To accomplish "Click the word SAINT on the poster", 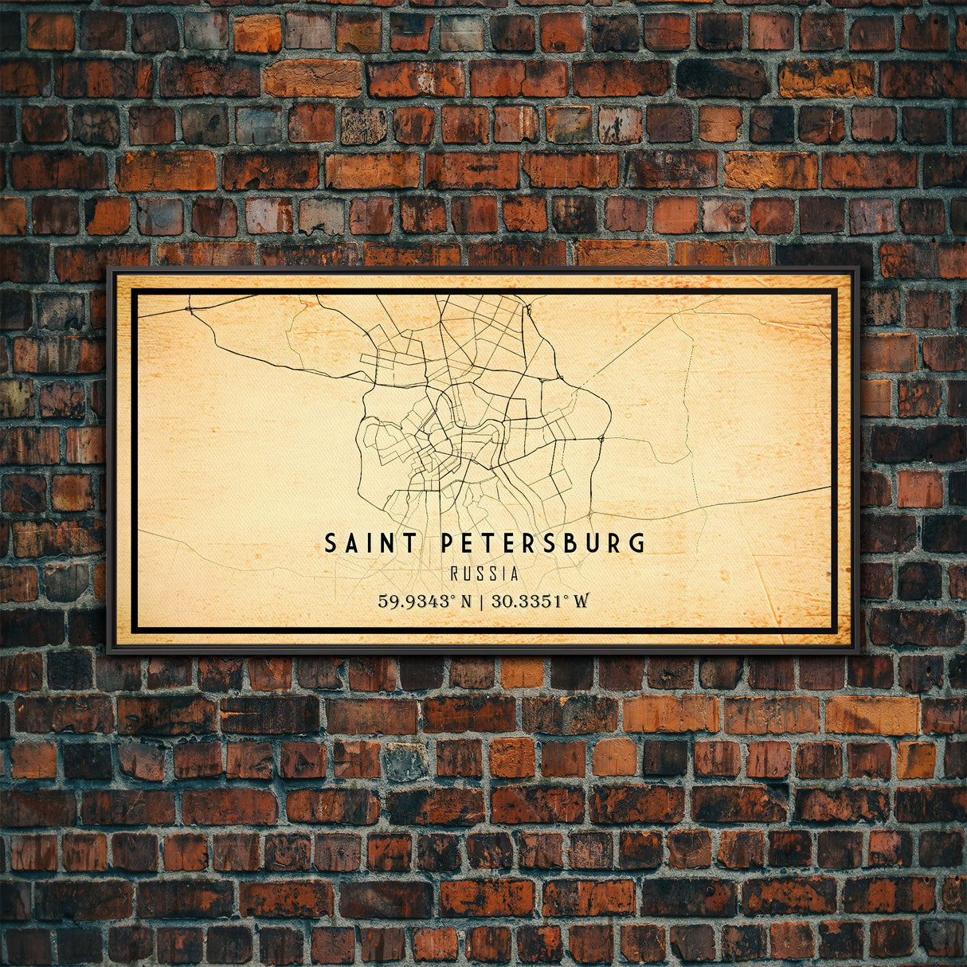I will [370, 543].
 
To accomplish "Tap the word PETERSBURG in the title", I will [542, 543].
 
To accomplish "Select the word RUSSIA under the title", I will [484, 574].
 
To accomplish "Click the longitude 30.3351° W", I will [540, 601].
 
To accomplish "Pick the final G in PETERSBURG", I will [636, 543].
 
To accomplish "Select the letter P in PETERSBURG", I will [447, 543].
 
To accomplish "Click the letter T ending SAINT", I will [409, 543].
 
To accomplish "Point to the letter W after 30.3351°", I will [581, 601].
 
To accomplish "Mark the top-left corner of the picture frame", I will [109, 269].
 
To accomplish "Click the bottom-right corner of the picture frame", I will [858, 652].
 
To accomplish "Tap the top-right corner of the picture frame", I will [858, 269].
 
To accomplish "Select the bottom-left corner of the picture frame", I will [109, 652].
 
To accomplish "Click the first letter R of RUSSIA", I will [454, 574].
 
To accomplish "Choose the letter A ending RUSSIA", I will [515, 574].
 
